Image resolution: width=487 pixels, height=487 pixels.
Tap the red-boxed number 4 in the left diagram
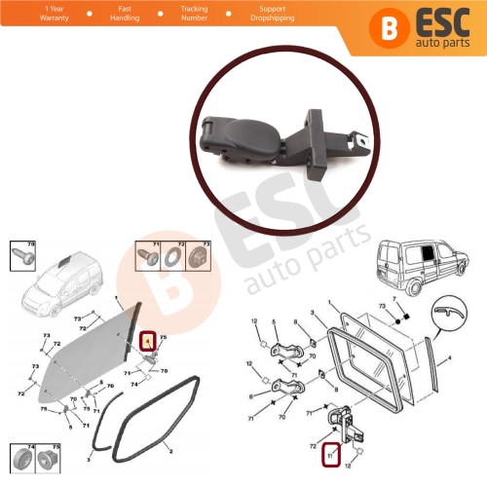(x=148, y=341)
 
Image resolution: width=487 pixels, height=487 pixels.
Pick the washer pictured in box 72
(x=182, y=257)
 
